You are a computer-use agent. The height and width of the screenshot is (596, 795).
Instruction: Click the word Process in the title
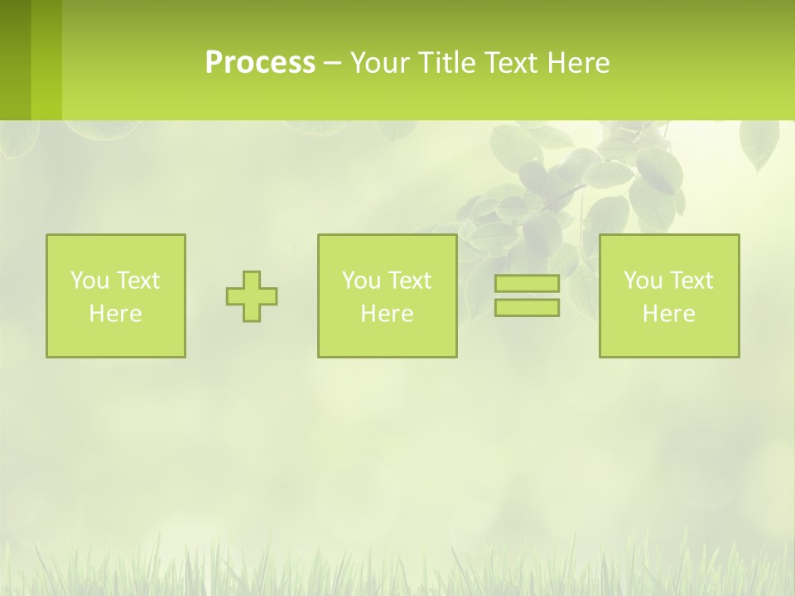pos(260,63)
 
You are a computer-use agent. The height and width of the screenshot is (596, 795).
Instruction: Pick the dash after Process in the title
pos(332,65)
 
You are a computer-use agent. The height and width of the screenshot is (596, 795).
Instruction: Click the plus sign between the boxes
pos(252,296)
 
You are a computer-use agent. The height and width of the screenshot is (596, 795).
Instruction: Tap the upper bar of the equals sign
pos(527,284)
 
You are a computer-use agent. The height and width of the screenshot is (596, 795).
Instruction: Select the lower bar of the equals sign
pos(527,307)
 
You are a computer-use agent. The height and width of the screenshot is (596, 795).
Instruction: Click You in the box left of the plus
pos(89,281)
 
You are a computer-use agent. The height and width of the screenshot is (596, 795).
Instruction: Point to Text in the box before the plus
pos(137,281)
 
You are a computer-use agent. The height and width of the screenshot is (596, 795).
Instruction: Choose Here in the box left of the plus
pos(115,314)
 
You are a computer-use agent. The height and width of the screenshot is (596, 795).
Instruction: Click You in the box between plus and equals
pos(360,281)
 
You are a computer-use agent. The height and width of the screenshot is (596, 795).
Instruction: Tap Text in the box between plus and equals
pos(408,281)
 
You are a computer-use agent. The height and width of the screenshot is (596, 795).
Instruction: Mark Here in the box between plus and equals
pos(387,314)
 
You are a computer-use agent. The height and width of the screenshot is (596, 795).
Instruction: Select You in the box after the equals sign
pos(642,281)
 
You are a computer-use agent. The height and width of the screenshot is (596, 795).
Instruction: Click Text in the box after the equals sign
pos(690,281)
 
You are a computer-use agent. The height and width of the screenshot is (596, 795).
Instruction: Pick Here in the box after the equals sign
pos(668,314)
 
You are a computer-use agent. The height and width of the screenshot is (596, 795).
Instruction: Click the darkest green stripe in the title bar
pos(15,60)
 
